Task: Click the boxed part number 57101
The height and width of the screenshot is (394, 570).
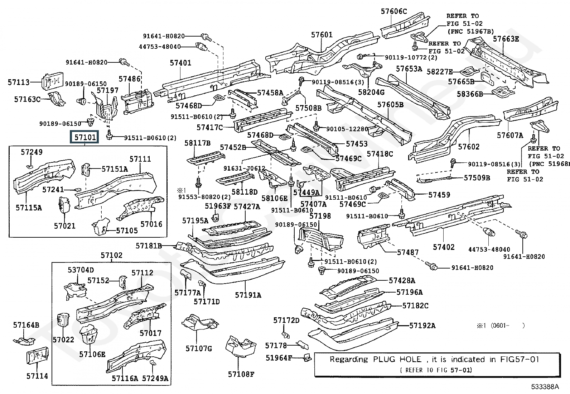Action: [x=85, y=137]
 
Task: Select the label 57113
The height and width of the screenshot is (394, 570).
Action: [x=19, y=82]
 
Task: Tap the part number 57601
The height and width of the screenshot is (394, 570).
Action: [x=322, y=35]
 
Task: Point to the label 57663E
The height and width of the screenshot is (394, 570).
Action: [x=506, y=39]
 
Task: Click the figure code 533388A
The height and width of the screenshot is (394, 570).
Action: [x=545, y=386]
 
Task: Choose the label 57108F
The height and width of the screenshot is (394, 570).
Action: [x=241, y=374]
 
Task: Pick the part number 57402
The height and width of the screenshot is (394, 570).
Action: [x=444, y=247]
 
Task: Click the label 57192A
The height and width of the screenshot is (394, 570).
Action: [x=422, y=326]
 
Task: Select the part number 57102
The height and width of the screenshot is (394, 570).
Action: [x=111, y=255]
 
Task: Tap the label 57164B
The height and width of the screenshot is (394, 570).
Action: [x=26, y=325]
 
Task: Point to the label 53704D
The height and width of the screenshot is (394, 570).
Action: [x=81, y=270]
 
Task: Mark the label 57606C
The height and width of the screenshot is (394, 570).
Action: [x=393, y=11]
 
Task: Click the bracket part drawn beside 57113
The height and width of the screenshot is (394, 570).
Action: [x=53, y=81]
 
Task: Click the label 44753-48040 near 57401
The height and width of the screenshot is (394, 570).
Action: [x=160, y=47]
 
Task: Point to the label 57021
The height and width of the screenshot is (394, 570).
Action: [x=65, y=226]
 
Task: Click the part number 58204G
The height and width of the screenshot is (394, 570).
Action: [x=371, y=92]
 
